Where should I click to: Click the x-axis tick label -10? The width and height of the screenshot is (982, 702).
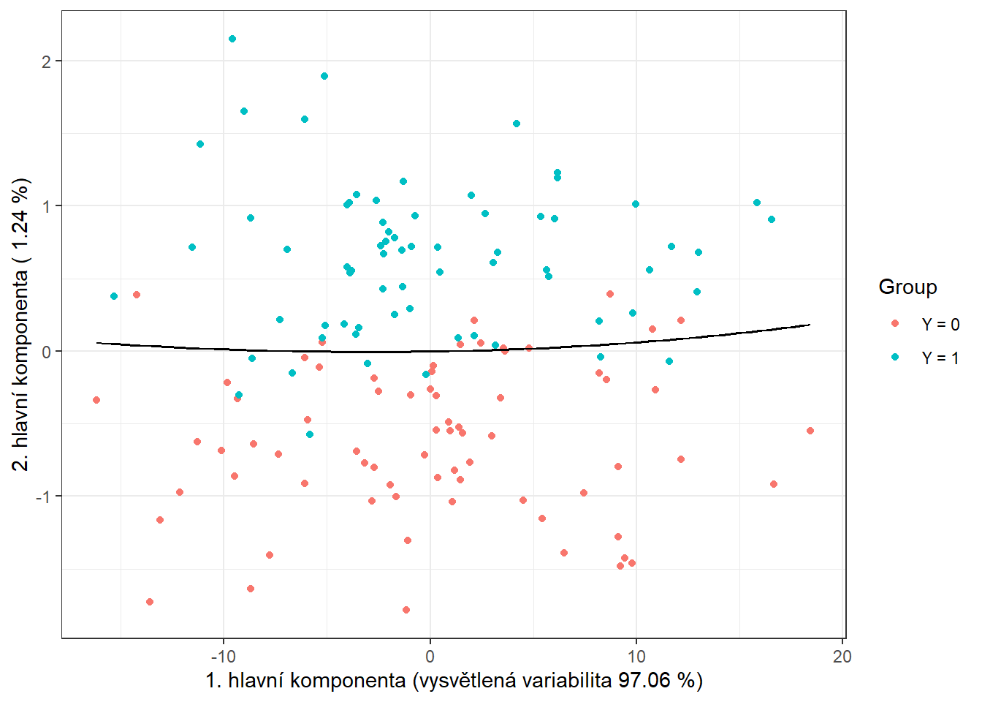coord(223,656)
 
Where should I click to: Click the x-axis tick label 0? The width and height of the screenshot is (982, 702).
coord(430,656)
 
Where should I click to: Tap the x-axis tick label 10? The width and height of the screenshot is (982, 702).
coord(636,656)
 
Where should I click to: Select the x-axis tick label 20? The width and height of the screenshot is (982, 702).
coord(842,656)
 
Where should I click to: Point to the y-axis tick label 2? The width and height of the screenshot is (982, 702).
coord(47,61)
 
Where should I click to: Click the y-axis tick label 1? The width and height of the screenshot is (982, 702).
coord(47,206)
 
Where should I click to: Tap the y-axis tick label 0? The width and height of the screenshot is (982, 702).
coord(47,352)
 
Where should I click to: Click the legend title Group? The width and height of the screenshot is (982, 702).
coord(907,287)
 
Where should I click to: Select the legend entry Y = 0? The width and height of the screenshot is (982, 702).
coord(940,325)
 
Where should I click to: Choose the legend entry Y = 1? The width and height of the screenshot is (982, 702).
coord(940,358)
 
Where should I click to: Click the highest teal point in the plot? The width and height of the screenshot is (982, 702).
coord(232,39)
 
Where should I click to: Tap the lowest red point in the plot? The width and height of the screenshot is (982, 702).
coord(406,610)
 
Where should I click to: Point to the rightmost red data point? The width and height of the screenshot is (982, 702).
coord(810,431)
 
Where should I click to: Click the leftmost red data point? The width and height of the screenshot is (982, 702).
coord(96,400)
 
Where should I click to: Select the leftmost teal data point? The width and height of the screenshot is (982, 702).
coord(114,296)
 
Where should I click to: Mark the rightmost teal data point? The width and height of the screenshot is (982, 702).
coord(772,219)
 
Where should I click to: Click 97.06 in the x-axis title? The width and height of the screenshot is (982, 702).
coord(644,681)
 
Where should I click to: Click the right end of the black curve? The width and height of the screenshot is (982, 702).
coord(810,325)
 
